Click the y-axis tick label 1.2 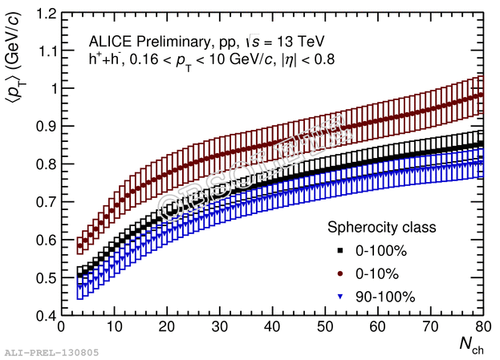tap(44, 14)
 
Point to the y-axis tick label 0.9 tap(44, 126)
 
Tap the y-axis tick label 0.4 tap(44, 315)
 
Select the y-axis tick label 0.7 tap(44, 202)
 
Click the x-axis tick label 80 tap(483, 328)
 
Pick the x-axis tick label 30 tap(219, 328)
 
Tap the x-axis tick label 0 tap(61, 328)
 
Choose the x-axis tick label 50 tap(325, 328)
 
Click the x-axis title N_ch tap(471, 346)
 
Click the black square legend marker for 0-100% tap(340, 251)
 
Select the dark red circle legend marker tap(340, 273)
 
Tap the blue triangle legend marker tap(340, 297)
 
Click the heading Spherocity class tap(381, 228)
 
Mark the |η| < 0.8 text tap(305, 59)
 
